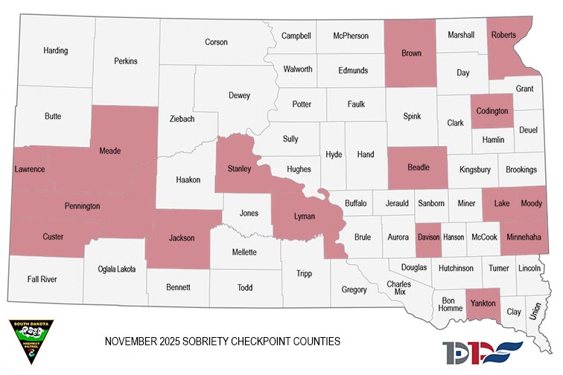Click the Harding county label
(56, 51)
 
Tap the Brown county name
(411, 54)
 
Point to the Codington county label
(492, 111)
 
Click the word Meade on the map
(110, 151)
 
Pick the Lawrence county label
(30, 170)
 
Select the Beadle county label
(419, 167)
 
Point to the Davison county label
(428, 237)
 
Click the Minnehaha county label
(524, 237)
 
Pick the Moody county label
(532, 202)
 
